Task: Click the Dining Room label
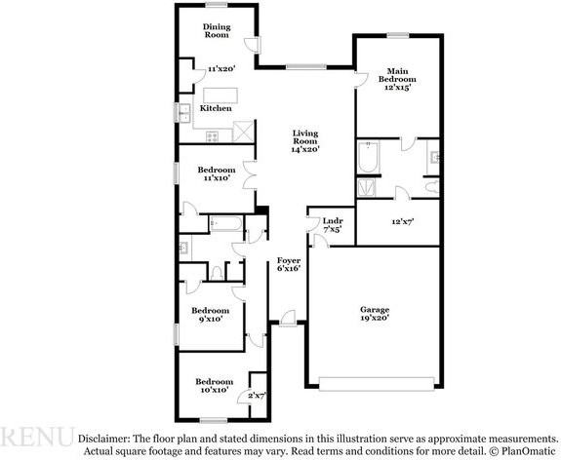coord(217,31)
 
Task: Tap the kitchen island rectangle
coord(220,96)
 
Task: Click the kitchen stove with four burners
coord(212,136)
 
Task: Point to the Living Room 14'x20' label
coord(305,141)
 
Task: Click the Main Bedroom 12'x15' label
coord(397,79)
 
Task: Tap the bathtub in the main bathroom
coord(368,157)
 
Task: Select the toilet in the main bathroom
coord(433,187)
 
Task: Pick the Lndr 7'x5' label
coord(333,225)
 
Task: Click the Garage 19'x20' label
coord(375,314)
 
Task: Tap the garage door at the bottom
coord(377,384)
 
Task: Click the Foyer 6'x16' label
coord(289,264)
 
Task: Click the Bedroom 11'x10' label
coord(217,173)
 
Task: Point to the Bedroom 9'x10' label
coord(211,315)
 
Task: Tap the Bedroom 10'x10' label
coord(214,386)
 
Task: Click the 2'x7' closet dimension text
coord(258,396)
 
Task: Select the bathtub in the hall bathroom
coord(226,224)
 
